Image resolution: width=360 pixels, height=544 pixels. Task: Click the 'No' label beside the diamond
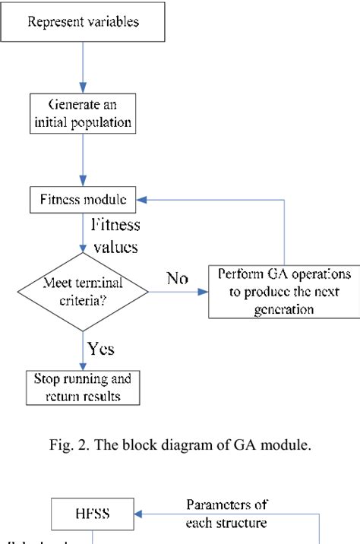click(x=178, y=279)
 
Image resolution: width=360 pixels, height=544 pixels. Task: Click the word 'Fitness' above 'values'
click(x=115, y=225)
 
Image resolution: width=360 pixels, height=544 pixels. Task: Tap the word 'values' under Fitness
click(x=115, y=247)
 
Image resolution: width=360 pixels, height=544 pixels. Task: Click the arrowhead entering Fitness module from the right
click(x=142, y=201)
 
